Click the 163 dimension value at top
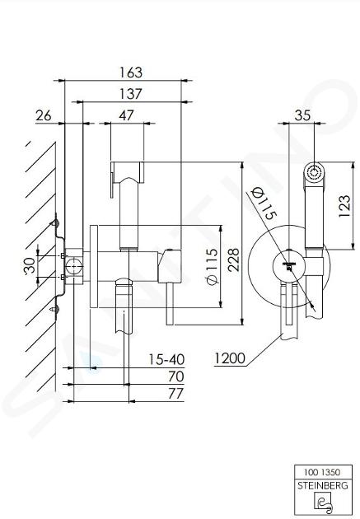[x=131, y=72]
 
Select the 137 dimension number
[x=131, y=94]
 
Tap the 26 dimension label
[x=44, y=116]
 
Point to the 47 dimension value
[x=126, y=115]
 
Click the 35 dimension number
[x=302, y=115]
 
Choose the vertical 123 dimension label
[x=344, y=206]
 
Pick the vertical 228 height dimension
[x=234, y=259]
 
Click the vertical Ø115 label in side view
[x=212, y=266]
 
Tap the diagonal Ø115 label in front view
[x=264, y=203]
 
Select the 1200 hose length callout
[x=230, y=358]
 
